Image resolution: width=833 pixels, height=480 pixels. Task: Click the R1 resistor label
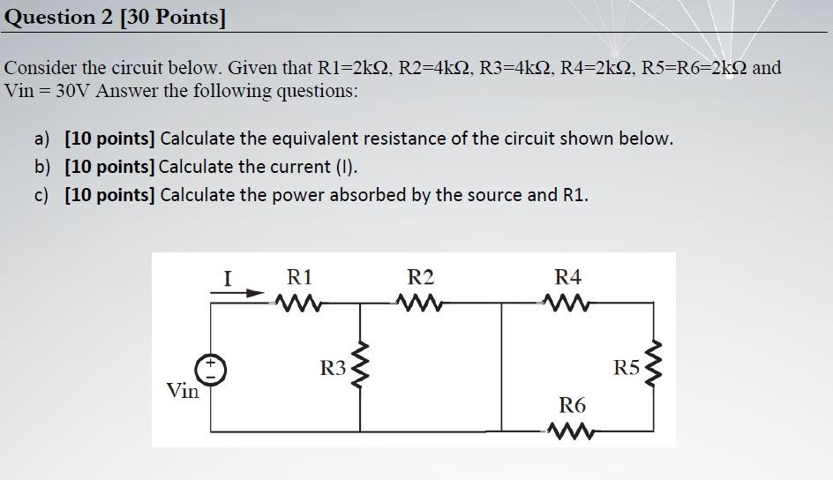click(300, 276)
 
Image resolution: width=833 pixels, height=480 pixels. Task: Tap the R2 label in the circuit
click(420, 276)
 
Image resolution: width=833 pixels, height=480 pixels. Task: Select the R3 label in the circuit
click(332, 369)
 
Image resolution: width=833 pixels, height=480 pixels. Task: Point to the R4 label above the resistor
click(567, 276)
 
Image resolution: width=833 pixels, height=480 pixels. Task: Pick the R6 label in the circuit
click(572, 405)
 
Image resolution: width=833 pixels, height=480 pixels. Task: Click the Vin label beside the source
click(183, 391)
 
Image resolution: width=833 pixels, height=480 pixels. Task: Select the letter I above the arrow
click(228, 279)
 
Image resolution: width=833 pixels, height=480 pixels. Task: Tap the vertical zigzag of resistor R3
click(360, 369)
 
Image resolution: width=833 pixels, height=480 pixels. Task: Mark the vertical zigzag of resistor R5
click(654, 368)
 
